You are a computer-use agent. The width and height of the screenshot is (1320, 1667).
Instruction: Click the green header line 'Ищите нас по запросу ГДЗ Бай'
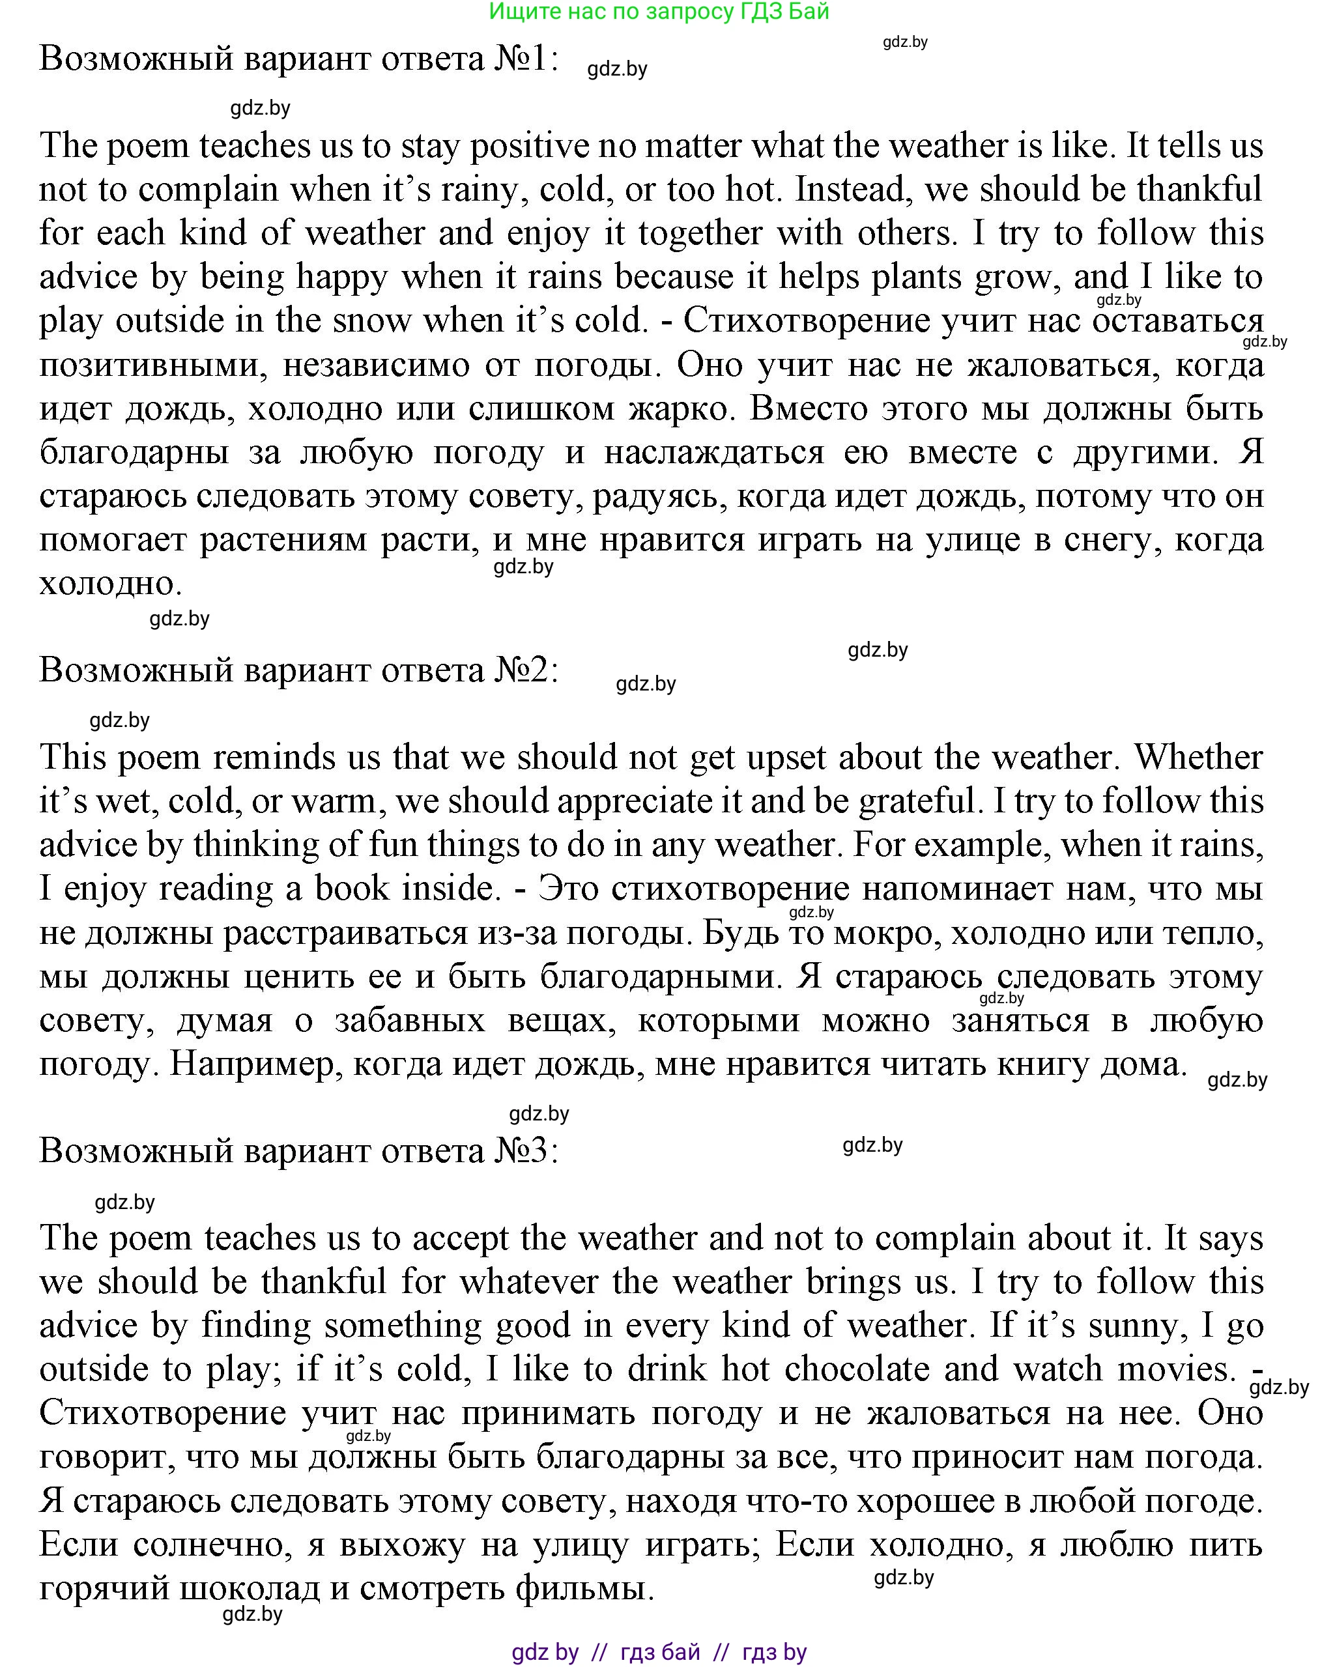(659, 12)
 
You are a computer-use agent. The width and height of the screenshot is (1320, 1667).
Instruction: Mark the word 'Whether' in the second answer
(1198, 758)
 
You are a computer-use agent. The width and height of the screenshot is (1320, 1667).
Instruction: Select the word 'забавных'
(410, 1021)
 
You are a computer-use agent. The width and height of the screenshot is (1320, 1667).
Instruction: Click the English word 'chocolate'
(856, 1369)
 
